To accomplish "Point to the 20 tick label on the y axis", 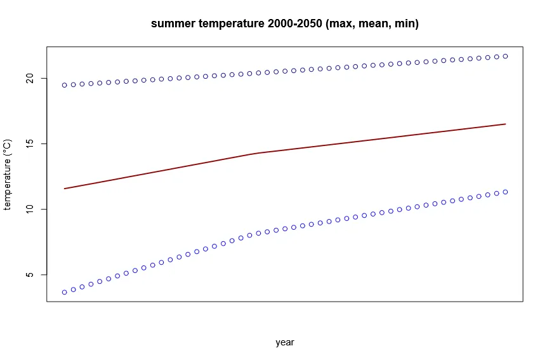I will (x=28, y=78).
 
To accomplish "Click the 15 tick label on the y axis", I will (x=28, y=143).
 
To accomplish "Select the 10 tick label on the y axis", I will (x=28, y=209).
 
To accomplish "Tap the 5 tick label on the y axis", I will (x=28, y=275).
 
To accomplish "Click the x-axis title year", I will (x=285, y=342).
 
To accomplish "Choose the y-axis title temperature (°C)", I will (x=8, y=175).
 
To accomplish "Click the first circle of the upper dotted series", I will (x=65, y=85).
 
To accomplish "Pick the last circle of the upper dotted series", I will (x=505, y=56).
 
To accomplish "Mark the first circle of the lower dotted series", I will (x=65, y=292).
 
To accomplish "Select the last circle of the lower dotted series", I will (x=505, y=192).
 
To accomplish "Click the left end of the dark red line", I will (x=65, y=189).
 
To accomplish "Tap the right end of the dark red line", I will (x=505, y=124).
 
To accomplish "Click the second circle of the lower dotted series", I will (x=74, y=290).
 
